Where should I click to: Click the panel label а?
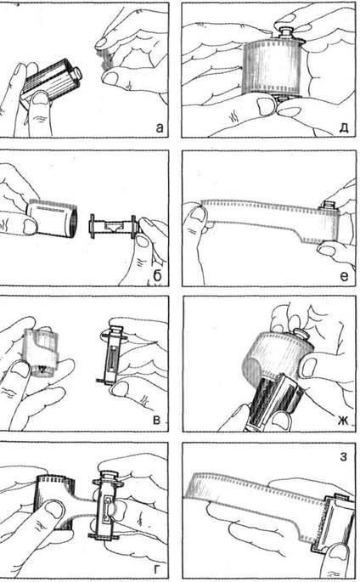click(159, 127)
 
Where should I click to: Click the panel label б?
click(158, 275)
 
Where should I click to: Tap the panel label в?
click(157, 421)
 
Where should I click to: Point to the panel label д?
click(344, 128)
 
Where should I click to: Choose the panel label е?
click(344, 276)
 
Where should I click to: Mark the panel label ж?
click(343, 421)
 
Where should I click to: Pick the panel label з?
click(343, 456)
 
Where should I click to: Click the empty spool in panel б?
click(113, 226)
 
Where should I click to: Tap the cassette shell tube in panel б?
click(53, 218)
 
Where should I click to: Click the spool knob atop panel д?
click(285, 31)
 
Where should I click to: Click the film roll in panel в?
click(41, 353)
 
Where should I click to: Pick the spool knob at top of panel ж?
click(301, 333)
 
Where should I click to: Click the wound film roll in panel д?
click(273, 66)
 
